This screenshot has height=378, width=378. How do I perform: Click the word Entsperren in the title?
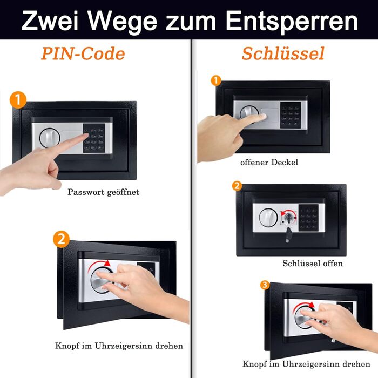click(292, 21)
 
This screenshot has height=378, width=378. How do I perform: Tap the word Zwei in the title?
click(50, 21)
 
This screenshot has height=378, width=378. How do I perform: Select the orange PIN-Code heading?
click(83, 53)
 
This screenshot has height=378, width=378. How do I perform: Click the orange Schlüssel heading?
click(283, 53)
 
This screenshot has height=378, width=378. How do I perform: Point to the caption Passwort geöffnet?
click(104, 192)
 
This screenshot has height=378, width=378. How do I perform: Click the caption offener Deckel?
click(269, 162)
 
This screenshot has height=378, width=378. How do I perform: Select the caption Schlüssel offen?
click(313, 264)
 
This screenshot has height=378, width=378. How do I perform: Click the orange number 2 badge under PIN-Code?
click(62, 239)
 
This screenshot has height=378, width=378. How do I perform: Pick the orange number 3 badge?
click(265, 285)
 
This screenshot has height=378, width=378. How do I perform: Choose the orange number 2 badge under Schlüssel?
click(237, 186)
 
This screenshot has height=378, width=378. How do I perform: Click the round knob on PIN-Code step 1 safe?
click(50, 138)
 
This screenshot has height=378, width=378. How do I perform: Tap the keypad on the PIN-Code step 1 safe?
click(94, 138)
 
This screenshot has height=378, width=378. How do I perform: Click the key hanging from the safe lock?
click(288, 234)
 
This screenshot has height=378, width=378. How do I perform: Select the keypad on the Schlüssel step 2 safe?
click(309, 218)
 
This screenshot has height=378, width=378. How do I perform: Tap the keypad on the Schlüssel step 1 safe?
click(291, 115)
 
